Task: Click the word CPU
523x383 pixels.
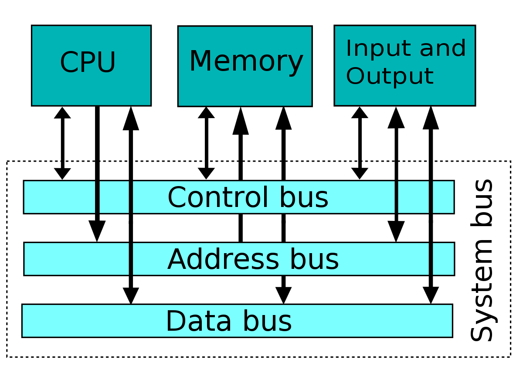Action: coord(88,63)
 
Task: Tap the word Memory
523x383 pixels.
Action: coord(246,61)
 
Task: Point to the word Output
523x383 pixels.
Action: coord(389,76)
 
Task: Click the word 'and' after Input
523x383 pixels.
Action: coord(443,48)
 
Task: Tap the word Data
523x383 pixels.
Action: coord(199,322)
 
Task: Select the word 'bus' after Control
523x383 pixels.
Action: coord(304,197)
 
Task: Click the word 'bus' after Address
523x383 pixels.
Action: coord(314,260)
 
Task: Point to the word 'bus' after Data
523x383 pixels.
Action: coord(267,322)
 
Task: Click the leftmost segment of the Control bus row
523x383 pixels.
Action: coord(59,197)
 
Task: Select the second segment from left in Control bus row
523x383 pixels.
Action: coord(114,197)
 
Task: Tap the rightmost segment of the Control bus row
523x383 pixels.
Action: coord(443,197)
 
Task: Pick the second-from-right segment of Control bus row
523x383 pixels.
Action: coord(413,197)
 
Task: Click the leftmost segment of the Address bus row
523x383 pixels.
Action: coord(77,259)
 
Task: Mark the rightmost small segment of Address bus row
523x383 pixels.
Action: coord(443,259)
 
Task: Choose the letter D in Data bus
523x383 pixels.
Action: coord(175,322)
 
